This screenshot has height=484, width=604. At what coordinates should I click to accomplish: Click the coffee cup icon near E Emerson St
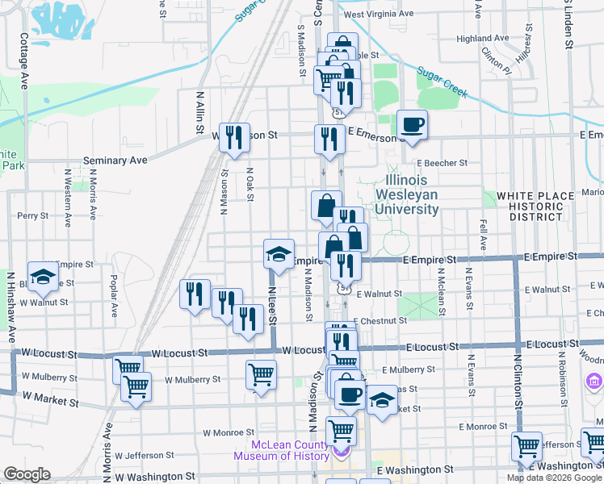pos(412,125)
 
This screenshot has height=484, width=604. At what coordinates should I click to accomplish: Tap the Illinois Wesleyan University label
pos(412,194)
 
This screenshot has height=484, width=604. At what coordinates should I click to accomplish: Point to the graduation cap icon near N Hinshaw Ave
pos(44,277)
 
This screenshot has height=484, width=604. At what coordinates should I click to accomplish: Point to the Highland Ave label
pos(482,38)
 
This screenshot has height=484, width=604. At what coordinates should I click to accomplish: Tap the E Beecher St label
pos(442,163)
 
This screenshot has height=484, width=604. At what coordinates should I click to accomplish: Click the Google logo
pos(27,474)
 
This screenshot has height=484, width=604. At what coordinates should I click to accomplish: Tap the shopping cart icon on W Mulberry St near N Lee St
pos(261,373)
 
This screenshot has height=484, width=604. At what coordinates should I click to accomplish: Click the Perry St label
pos(33,216)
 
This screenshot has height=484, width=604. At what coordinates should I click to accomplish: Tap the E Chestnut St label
pos(380,320)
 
